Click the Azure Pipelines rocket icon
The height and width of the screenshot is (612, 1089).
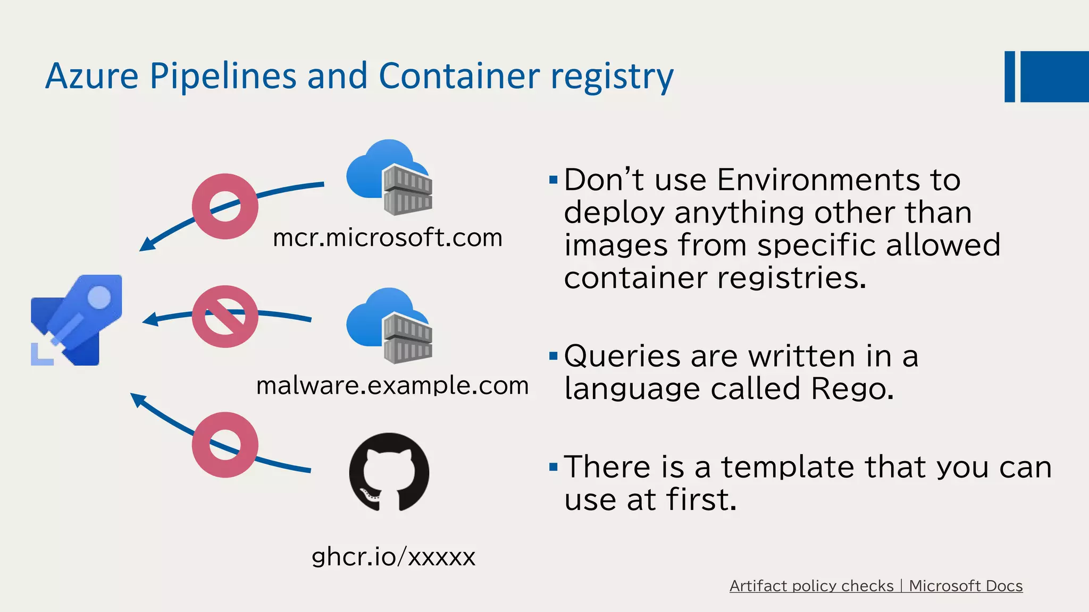pos(77,320)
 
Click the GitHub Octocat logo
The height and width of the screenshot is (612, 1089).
pos(389,472)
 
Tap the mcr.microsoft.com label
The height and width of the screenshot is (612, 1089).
pos(387,237)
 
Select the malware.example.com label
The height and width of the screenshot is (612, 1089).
pos(392,385)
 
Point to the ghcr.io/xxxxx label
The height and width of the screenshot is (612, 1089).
pos(393,557)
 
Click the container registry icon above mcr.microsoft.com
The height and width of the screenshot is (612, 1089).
pos(389,177)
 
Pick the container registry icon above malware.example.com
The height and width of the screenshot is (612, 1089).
pos(389,325)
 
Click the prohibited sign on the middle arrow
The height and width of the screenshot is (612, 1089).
pos(225,317)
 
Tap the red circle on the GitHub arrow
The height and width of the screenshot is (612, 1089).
pos(225,445)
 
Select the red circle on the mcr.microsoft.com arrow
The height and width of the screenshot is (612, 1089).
pos(225,206)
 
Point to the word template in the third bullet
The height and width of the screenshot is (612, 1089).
pos(788,467)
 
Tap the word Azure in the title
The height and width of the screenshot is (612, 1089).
pos(92,75)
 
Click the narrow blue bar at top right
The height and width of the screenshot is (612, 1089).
pos(1009,76)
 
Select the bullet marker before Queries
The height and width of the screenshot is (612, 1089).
pos(553,355)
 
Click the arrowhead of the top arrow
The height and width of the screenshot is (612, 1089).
pos(146,244)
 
